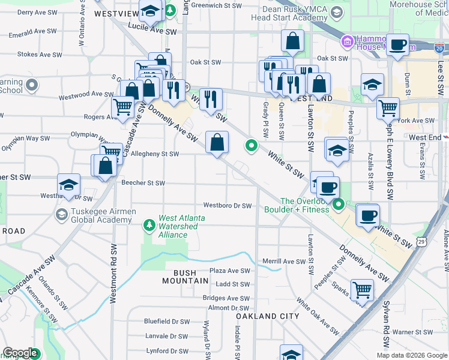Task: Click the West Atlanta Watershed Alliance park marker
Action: [x=149, y=226]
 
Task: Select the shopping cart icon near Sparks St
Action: [x=363, y=290]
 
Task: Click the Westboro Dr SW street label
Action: [x=228, y=206]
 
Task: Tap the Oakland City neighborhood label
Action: [x=267, y=316]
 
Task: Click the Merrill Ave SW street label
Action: [x=285, y=261]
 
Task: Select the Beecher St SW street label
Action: [x=143, y=183]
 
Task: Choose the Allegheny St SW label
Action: [x=155, y=154]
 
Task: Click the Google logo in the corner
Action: [x=20, y=353]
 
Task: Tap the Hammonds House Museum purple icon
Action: [x=347, y=42]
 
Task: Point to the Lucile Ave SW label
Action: [x=152, y=31]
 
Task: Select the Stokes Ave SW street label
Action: [x=38, y=54]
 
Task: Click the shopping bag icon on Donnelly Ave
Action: [x=217, y=143]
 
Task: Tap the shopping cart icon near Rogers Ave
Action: [x=123, y=108]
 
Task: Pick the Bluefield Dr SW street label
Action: [x=167, y=322]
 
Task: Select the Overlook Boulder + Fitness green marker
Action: [x=339, y=206]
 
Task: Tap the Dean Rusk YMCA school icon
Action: [x=337, y=13]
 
